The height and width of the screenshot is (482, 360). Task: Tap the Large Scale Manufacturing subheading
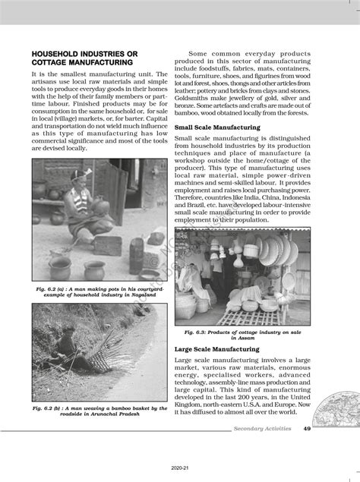click(x=216, y=348)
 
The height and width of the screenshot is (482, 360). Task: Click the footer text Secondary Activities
click(x=264, y=429)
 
